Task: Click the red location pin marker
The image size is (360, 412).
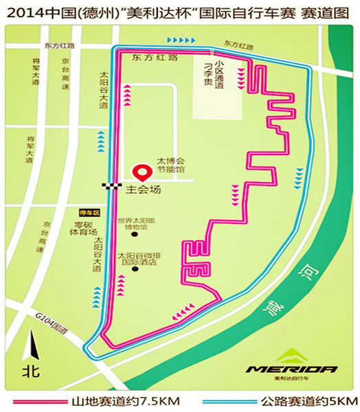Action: pos(143,172)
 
